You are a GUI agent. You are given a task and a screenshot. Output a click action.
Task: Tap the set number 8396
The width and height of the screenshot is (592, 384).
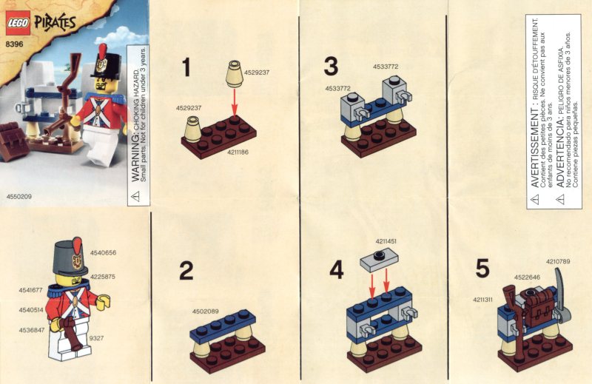(14, 44)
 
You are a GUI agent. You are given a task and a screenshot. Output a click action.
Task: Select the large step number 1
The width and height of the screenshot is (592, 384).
(186, 67)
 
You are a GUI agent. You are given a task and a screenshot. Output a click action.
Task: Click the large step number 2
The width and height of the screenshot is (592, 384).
(186, 271)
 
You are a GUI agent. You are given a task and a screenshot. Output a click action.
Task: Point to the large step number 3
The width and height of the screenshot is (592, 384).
(331, 66)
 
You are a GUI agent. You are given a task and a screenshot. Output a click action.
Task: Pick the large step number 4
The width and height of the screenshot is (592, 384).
(337, 270)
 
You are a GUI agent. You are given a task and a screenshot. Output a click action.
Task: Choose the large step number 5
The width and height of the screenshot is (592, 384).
(482, 268)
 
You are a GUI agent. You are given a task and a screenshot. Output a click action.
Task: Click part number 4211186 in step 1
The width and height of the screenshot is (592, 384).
(238, 152)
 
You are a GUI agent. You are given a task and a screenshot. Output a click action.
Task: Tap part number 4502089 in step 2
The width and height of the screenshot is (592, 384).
(206, 311)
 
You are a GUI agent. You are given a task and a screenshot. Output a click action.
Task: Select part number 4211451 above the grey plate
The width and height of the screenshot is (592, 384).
(386, 241)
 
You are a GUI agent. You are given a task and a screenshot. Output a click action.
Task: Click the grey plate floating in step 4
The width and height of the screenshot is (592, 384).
(379, 260)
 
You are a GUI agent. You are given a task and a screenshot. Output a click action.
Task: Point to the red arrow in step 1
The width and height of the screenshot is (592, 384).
(235, 102)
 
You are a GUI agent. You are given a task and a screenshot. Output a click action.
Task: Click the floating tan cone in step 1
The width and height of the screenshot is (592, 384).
(234, 73)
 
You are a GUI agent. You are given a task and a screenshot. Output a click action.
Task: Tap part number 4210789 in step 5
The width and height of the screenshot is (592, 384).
(558, 261)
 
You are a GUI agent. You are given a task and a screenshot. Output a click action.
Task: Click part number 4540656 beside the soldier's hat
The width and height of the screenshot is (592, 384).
(103, 253)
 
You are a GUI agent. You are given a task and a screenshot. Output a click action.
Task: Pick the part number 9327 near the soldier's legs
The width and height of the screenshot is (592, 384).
(97, 338)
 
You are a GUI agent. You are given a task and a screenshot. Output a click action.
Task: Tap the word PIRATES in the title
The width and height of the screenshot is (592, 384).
(55, 24)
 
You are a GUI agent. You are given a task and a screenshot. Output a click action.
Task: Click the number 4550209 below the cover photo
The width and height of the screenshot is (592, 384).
(19, 196)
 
